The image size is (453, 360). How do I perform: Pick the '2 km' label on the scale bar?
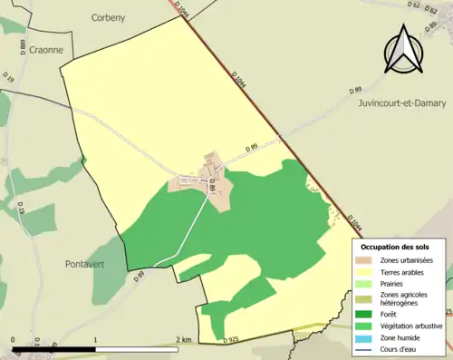click(185, 340)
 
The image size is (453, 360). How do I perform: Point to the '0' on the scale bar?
click(14, 340)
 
